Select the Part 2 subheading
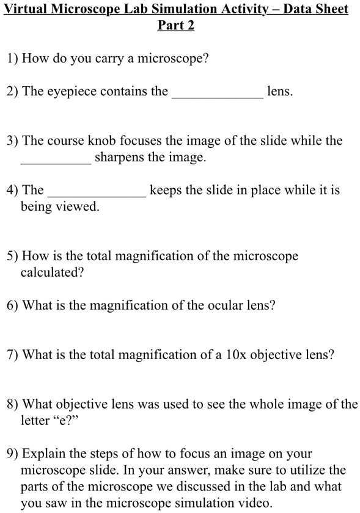[x=176, y=26]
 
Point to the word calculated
[x=51, y=272]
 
